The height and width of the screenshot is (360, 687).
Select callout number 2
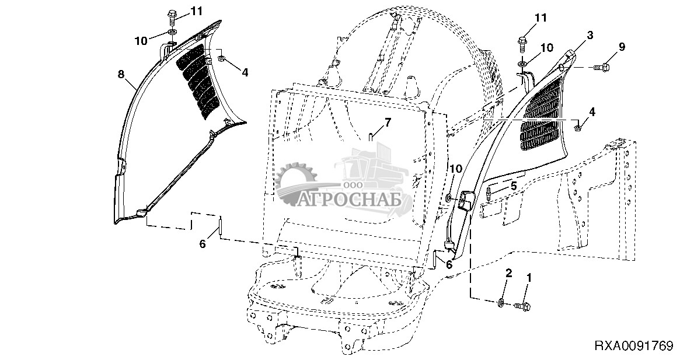(509, 273)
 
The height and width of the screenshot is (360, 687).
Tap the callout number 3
(590, 36)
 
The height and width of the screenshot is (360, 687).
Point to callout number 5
(514, 186)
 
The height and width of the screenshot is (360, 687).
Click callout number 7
(386, 123)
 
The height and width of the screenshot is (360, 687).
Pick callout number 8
(121, 74)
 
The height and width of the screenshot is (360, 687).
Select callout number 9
(622, 47)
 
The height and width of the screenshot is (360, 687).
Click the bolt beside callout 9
(602, 69)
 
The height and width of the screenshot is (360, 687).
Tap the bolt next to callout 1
(522, 305)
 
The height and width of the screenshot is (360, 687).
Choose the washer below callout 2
(501, 303)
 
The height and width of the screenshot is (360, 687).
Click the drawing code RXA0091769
(633, 345)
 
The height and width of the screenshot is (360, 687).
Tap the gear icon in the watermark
(295, 184)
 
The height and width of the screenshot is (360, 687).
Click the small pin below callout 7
(371, 138)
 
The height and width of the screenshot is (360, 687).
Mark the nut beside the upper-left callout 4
(222, 58)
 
